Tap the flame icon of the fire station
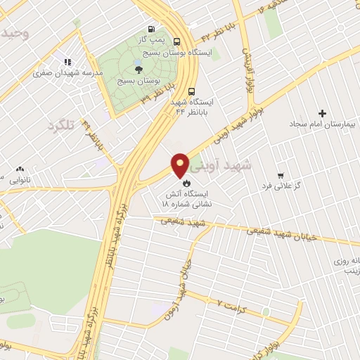(186, 179)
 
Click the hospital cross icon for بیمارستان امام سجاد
(323, 113)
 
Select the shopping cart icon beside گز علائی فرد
(281, 175)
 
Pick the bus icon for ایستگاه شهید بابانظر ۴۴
(192, 91)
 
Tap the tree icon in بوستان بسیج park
(138, 69)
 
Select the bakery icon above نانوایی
(20, 169)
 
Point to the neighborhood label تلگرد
(60, 127)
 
